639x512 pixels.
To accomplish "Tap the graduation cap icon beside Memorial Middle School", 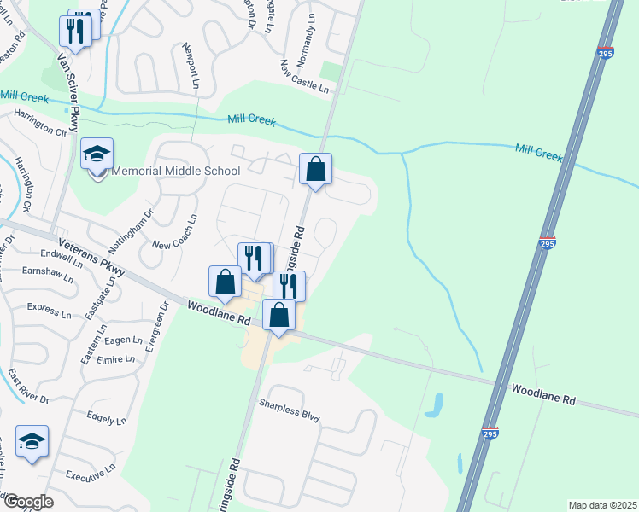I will [x=97, y=154].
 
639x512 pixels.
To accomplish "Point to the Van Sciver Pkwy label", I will [x=67, y=92].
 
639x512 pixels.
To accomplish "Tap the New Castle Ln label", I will [x=304, y=76].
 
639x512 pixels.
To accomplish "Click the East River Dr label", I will [x=28, y=387].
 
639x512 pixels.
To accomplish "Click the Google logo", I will [x=28, y=502].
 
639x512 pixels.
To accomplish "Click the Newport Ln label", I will [x=190, y=65].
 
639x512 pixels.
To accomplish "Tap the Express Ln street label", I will [x=50, y=309].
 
